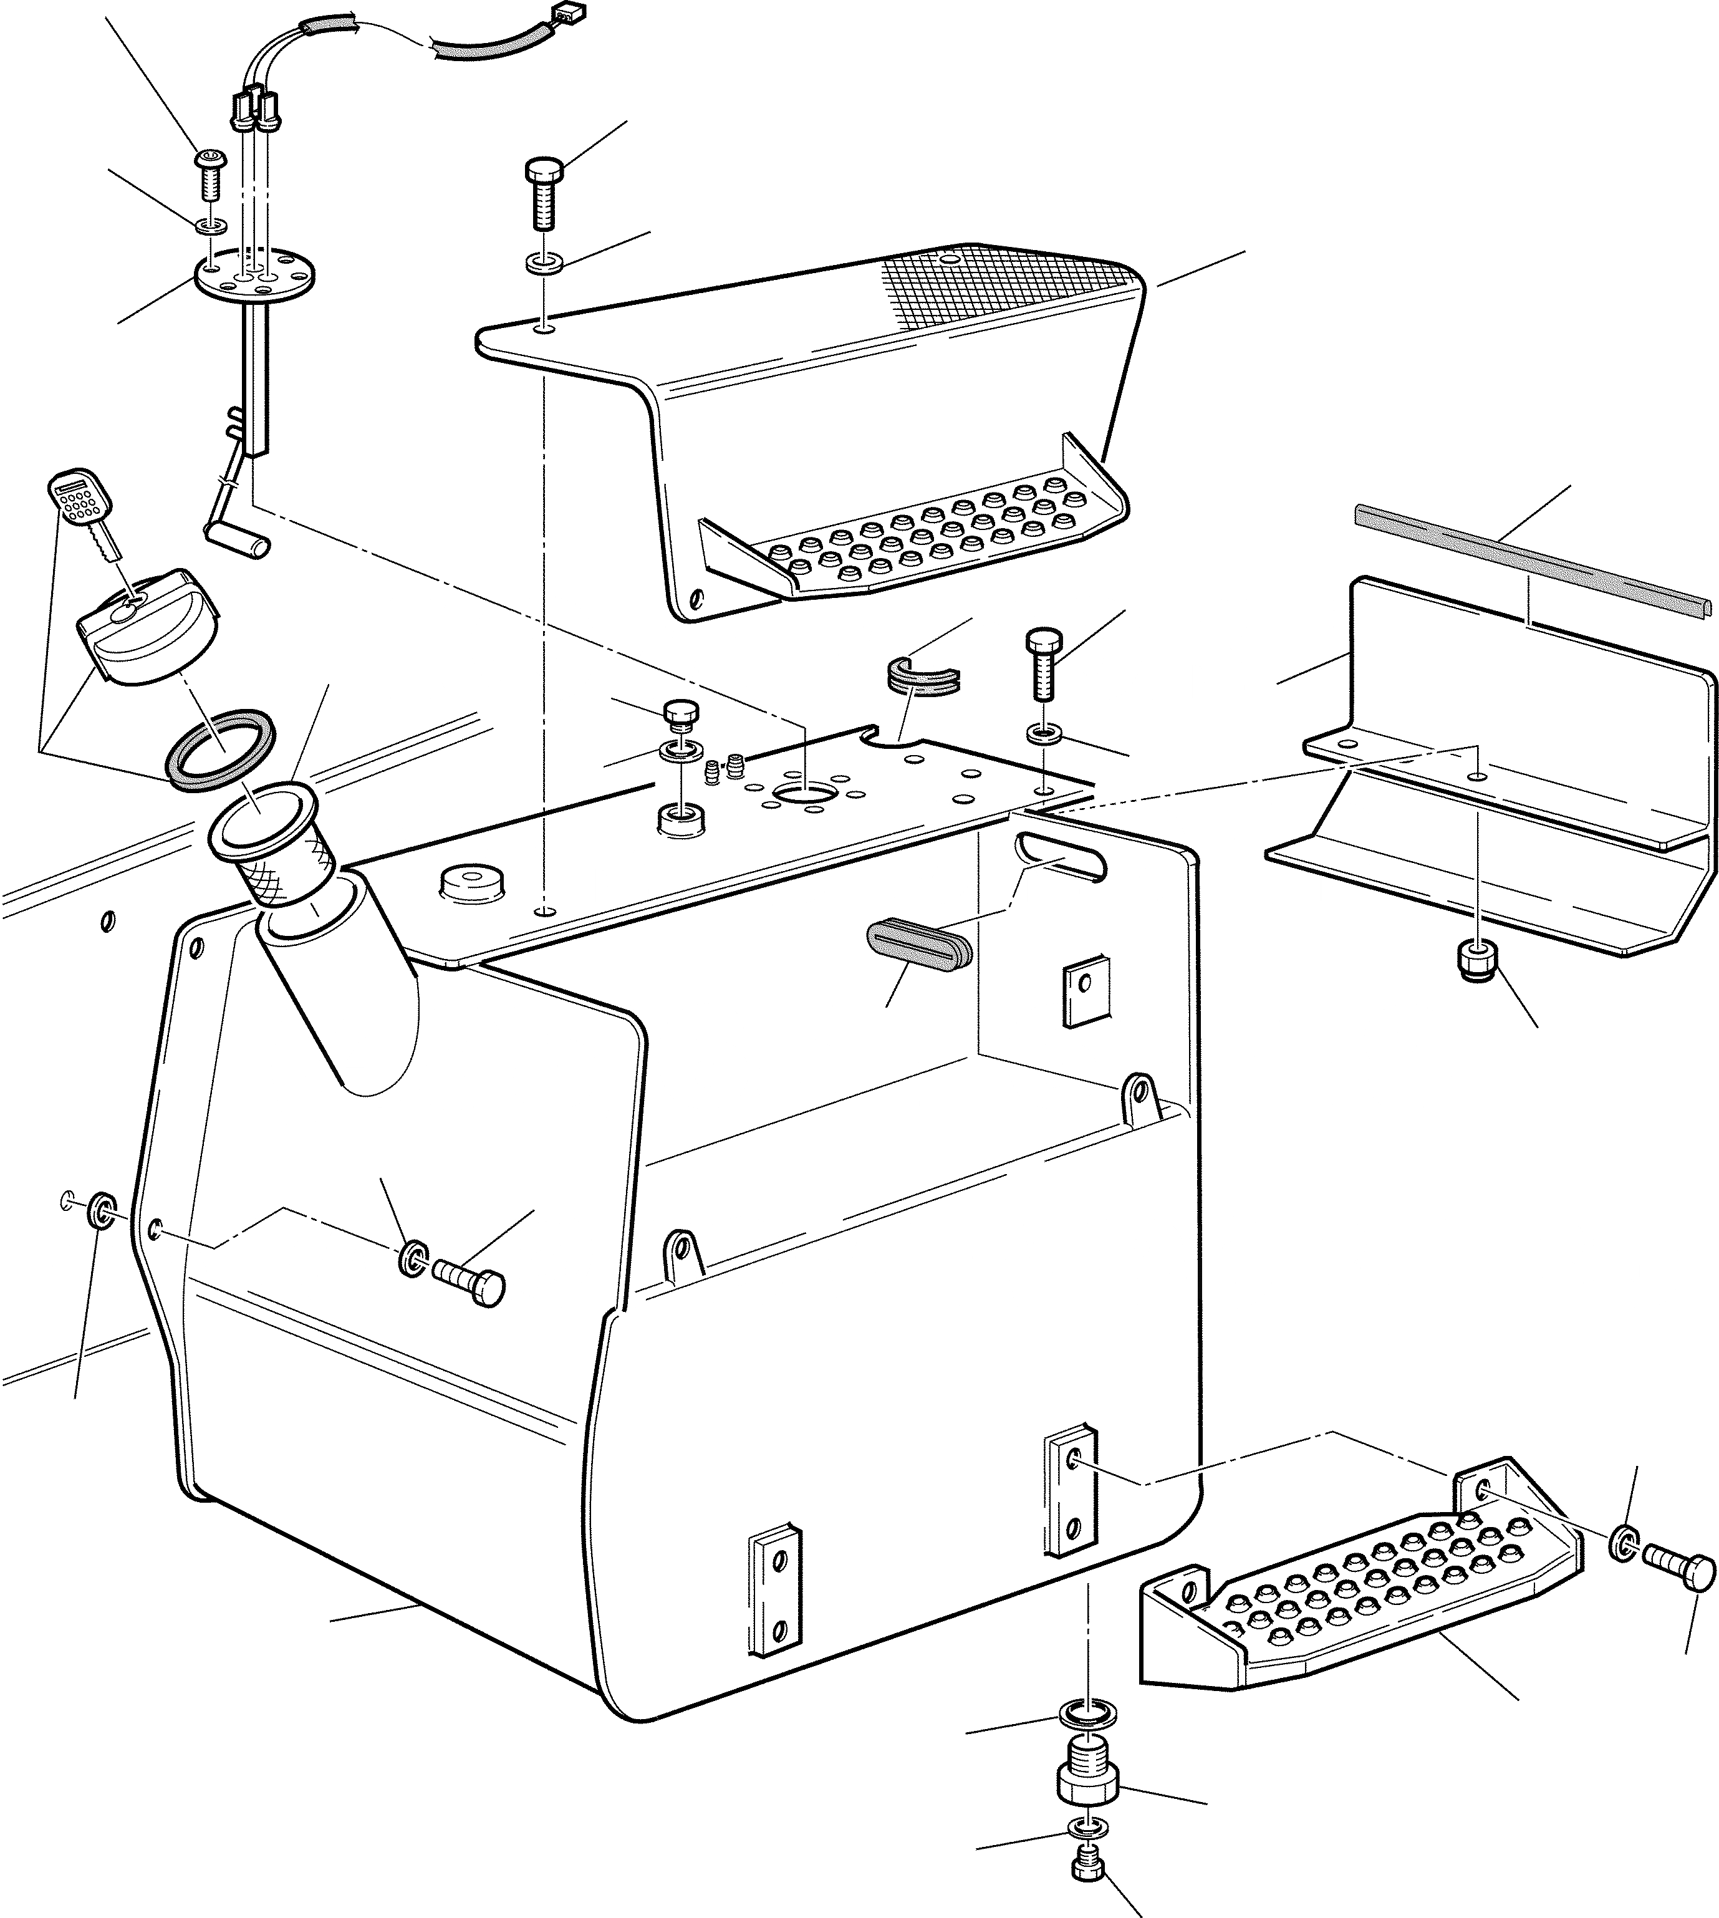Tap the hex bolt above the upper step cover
(543, 193)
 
